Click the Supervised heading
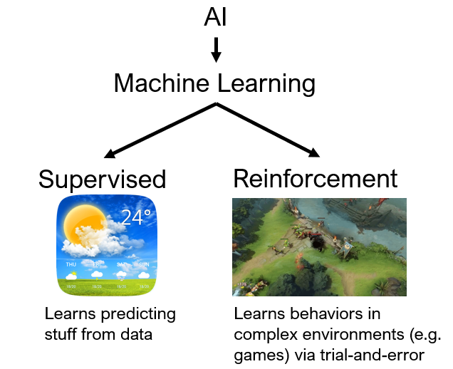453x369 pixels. [x=102, y=179]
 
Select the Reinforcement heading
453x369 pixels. [x=316, y=178]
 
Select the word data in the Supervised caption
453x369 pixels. [x=137, y=333]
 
